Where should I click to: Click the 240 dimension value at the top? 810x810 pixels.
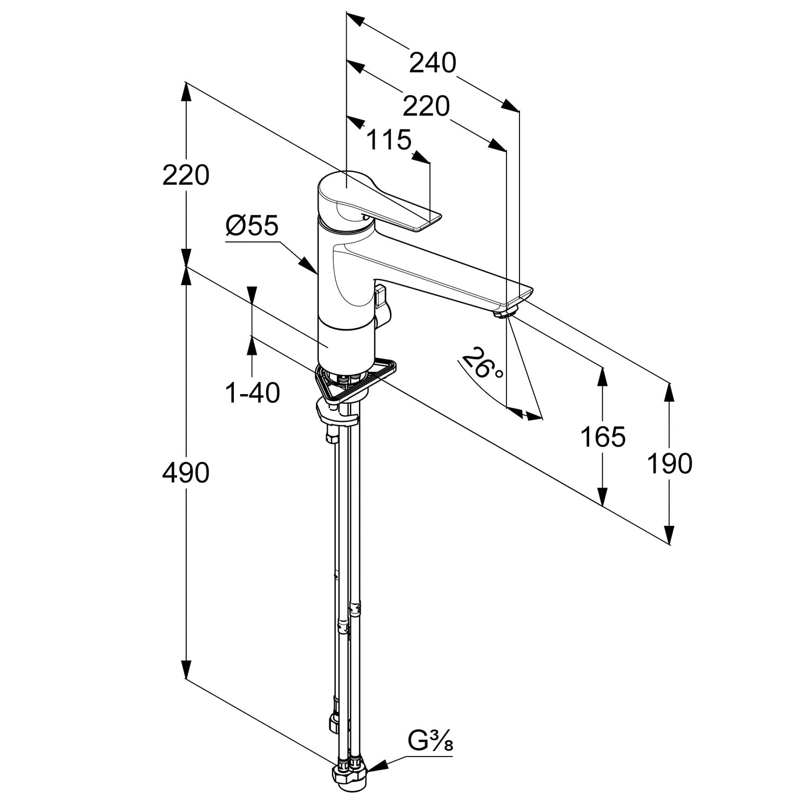tap(433, 63)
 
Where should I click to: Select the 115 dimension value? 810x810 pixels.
tap(389, 140)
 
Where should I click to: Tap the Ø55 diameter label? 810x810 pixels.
tap(252, 226)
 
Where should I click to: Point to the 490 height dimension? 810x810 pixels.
tap(186, 473)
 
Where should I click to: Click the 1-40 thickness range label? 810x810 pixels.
tap(253, 393)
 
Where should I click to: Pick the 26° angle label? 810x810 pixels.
tap(482, 364)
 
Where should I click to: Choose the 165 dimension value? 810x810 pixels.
tap(603, 436)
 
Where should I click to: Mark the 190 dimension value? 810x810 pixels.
tap(670, 463)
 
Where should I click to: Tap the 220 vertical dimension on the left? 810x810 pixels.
tap(186, 175)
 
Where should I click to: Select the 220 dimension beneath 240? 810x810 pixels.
tap(427, 107)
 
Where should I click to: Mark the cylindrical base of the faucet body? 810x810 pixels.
tap(346, 343)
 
